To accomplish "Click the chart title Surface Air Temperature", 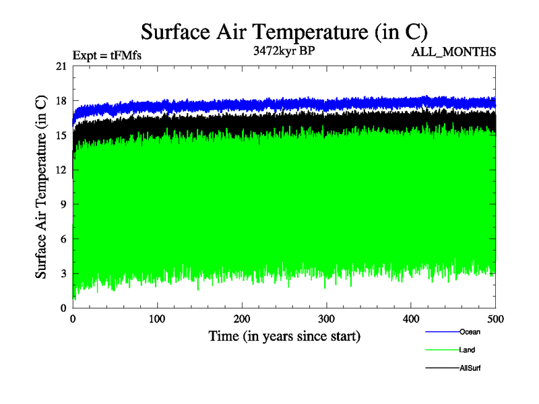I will (x=284, y=32).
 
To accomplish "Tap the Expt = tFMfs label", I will (x=107, y=55).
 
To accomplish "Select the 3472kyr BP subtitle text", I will (x=284, y=51).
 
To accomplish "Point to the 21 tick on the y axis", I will (x=61, y=66).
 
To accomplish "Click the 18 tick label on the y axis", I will (x=61, y=100).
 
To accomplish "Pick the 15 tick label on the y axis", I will (x=61, y=135).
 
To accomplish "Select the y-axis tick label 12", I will (x=61, y=170).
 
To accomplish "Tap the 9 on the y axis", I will (x=63, y=204).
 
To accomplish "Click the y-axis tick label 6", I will (x=63, y=239).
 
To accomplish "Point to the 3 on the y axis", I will (x=63, y=273).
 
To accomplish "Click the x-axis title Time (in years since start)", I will (x=284, y=335).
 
